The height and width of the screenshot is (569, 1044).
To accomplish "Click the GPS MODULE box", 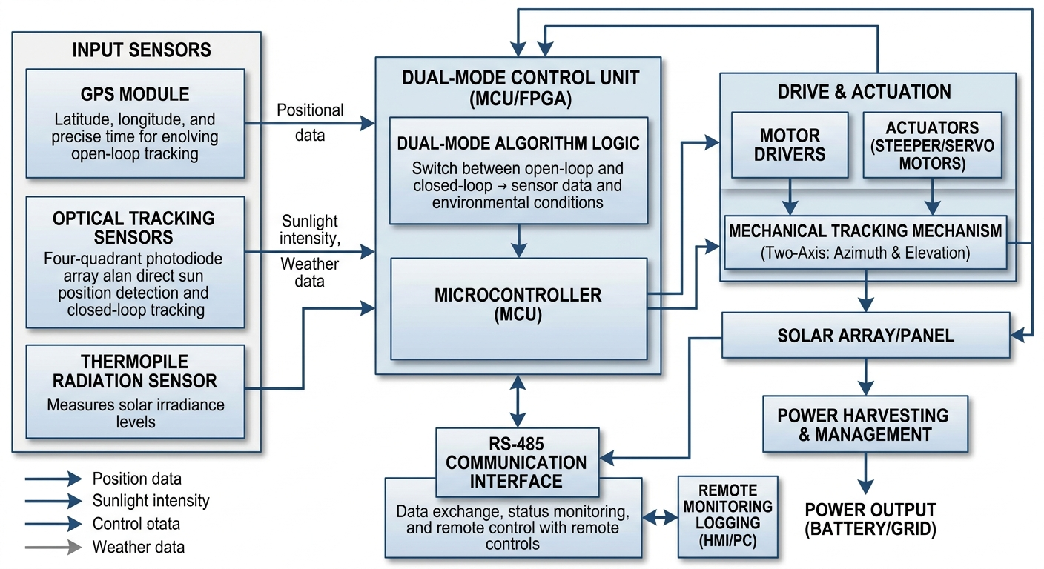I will point(135,123).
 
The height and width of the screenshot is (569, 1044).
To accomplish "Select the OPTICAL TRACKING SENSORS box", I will point(135,262).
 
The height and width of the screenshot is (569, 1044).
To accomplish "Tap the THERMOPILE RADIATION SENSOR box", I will point(135,390).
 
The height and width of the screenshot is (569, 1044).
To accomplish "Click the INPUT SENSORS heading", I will point(142,50).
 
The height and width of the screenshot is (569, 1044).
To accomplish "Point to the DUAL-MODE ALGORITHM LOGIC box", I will point(518,170).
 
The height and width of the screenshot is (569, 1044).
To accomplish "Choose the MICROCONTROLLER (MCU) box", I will point(518,307).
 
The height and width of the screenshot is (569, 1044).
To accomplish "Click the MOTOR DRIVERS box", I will point(790,144).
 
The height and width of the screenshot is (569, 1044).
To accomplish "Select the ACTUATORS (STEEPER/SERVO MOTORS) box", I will point(932,144).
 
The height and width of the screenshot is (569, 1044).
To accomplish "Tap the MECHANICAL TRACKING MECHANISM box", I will point(865,242).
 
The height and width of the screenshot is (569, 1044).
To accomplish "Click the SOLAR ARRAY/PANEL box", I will point(865,336).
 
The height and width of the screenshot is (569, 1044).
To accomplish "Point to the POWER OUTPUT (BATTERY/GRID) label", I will point(870,519).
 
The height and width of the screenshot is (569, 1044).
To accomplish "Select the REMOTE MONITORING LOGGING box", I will point(727,516).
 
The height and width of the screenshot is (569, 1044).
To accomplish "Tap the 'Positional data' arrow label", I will point(310,123).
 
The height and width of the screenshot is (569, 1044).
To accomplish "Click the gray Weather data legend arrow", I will point(53,548).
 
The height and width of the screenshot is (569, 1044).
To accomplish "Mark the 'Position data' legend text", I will point(137,479).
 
